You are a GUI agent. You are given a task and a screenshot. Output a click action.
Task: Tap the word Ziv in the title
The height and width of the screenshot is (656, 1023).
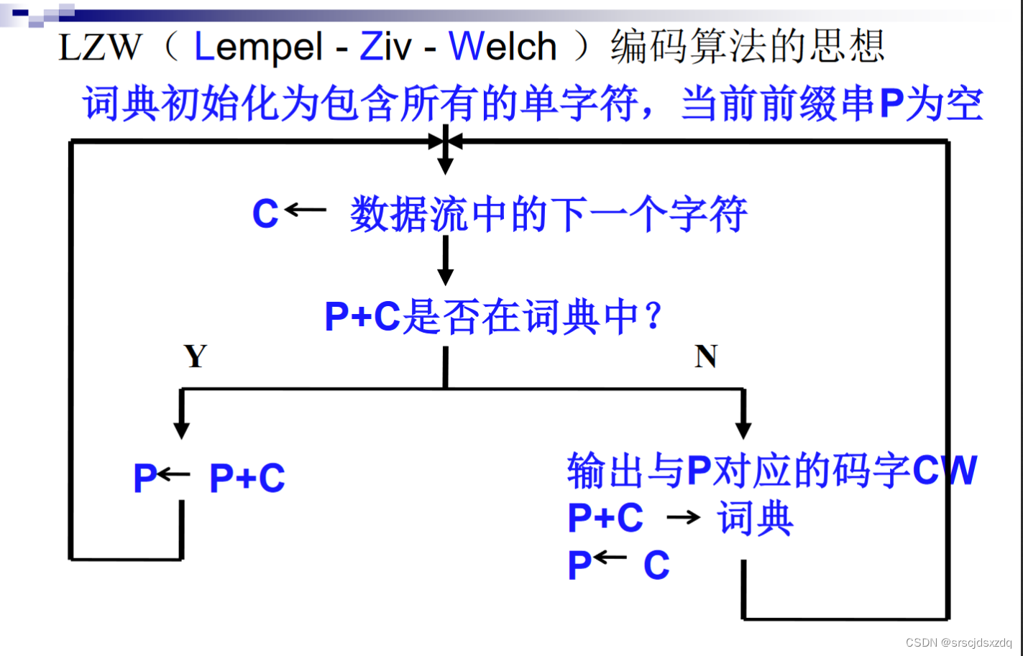coord(385,47)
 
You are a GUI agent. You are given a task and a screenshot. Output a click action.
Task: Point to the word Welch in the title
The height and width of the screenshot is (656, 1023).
coord(503,47)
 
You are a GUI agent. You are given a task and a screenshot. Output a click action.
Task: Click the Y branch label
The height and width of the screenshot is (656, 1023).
coord(196,356)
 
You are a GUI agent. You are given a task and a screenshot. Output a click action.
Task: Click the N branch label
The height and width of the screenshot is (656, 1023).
coord(706,356)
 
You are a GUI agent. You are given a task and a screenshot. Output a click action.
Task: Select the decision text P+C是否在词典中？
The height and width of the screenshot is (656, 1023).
coord(493,317)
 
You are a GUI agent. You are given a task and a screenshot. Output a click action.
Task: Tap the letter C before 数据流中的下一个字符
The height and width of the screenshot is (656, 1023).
coord(265,213)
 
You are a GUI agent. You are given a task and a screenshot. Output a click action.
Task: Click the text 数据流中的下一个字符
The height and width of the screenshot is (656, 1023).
coord(549,214)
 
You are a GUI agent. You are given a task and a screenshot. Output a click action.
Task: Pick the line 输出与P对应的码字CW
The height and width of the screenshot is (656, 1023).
coord(771,471)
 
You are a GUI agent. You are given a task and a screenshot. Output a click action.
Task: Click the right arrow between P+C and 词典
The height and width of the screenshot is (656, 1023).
coord(683,517)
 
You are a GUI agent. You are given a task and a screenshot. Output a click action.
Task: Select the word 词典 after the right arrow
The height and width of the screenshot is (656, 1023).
coord(755,518)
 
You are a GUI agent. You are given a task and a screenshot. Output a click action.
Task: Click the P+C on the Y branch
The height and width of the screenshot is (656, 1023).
coord(247,478)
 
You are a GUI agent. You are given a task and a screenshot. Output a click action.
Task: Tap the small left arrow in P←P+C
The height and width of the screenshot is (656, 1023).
coord(174,474)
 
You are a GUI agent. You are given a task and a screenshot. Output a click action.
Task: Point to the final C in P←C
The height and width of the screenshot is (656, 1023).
coord(656,565)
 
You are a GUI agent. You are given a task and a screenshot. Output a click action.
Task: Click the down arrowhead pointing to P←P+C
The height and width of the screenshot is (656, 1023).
coord(182,429)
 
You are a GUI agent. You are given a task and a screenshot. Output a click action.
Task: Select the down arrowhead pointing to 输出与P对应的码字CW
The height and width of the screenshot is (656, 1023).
coord(744,429)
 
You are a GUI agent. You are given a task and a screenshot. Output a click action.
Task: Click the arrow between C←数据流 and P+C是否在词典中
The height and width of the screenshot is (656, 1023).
coord(446,260)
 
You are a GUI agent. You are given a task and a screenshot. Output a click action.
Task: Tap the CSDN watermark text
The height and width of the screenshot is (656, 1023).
coord(958,642)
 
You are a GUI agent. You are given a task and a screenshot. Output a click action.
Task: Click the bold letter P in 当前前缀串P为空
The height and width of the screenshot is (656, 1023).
coord(891,103)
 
